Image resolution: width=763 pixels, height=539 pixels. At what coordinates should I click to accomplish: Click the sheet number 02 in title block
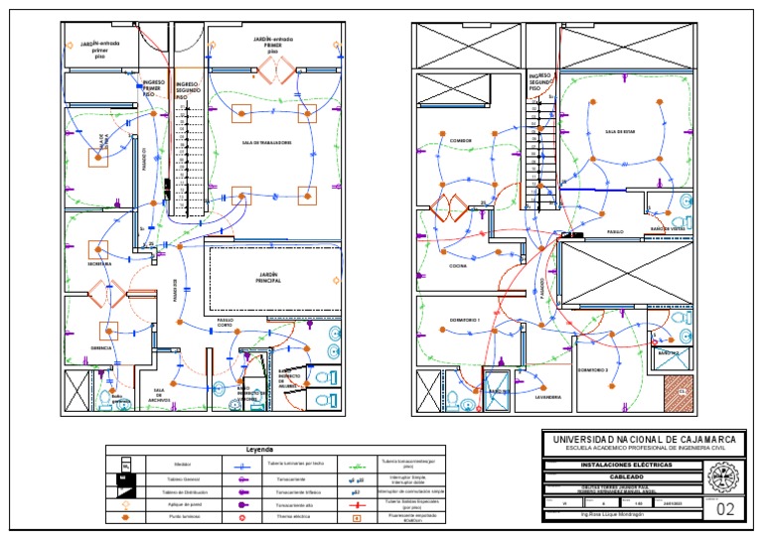point(726,509)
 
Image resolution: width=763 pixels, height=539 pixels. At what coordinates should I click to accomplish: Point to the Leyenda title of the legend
point(259,449)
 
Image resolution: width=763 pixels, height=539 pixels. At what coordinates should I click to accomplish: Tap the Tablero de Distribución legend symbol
point(125,491)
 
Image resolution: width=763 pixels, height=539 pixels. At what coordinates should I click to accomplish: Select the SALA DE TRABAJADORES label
point(266,143)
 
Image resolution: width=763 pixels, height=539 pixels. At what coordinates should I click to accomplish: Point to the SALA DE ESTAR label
point(619,131)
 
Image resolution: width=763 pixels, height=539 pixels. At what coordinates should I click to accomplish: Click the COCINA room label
point(458,266)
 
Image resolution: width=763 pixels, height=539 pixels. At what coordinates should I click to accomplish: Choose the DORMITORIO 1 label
point(464,321)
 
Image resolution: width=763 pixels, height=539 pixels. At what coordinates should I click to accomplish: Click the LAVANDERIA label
point(548,397)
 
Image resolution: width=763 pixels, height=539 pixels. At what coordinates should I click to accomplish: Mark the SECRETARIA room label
point(98,264)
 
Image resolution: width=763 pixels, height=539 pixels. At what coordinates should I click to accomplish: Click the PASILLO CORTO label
point(225,324)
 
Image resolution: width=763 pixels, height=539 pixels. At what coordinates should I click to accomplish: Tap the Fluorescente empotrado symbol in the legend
point(357,518)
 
